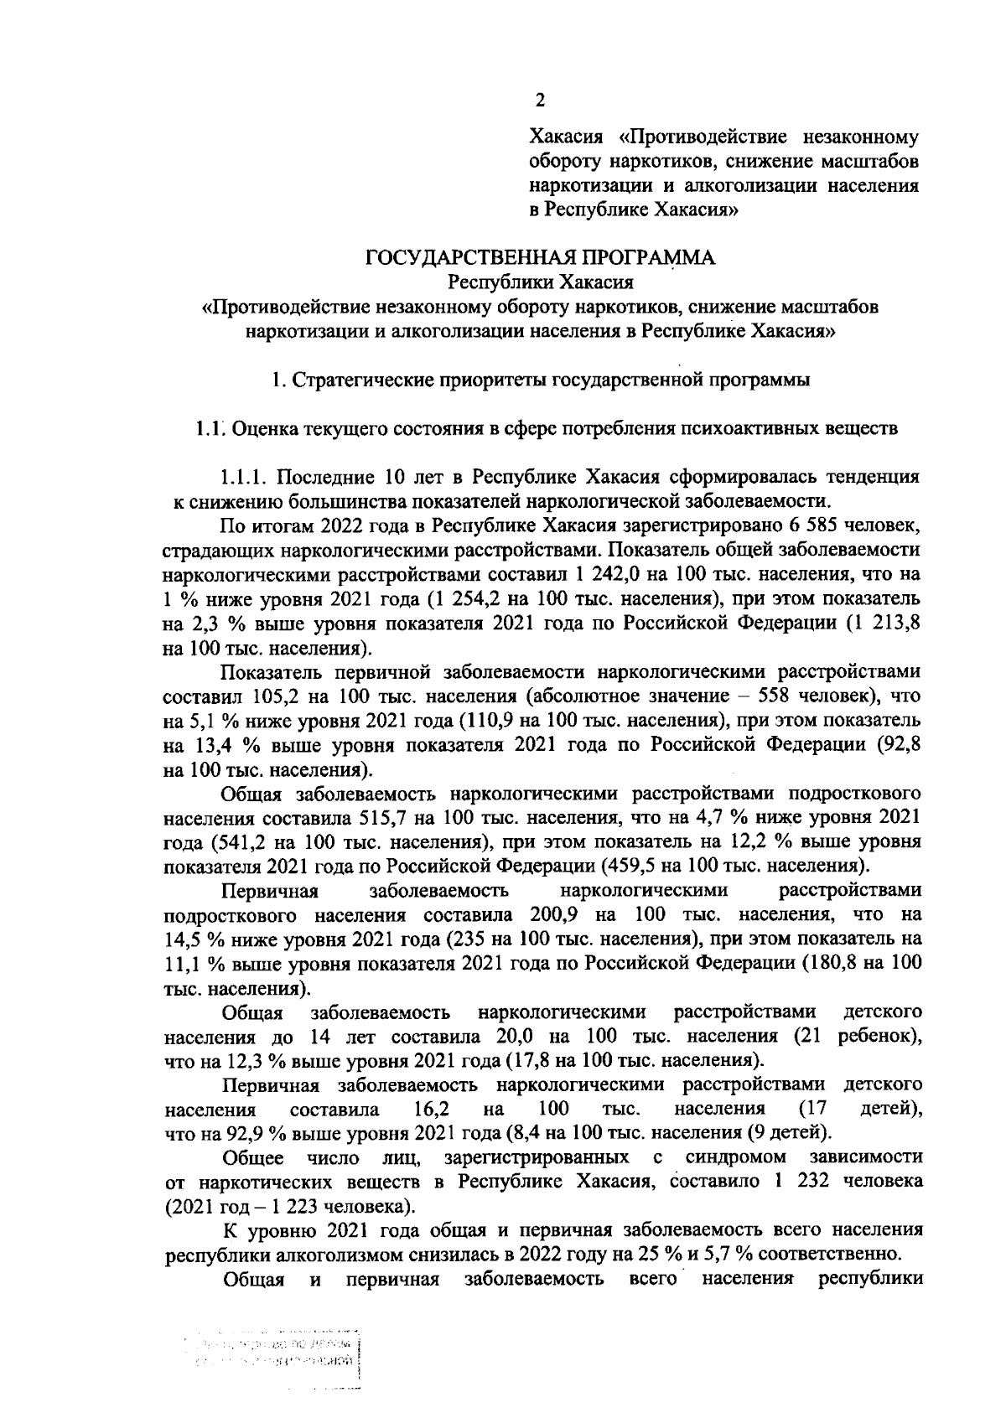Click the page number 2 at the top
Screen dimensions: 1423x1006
tap(540, 101)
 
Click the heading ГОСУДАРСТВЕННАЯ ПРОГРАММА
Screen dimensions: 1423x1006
tap(540, 258)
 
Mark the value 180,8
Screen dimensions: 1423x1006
tap(843, 962)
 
